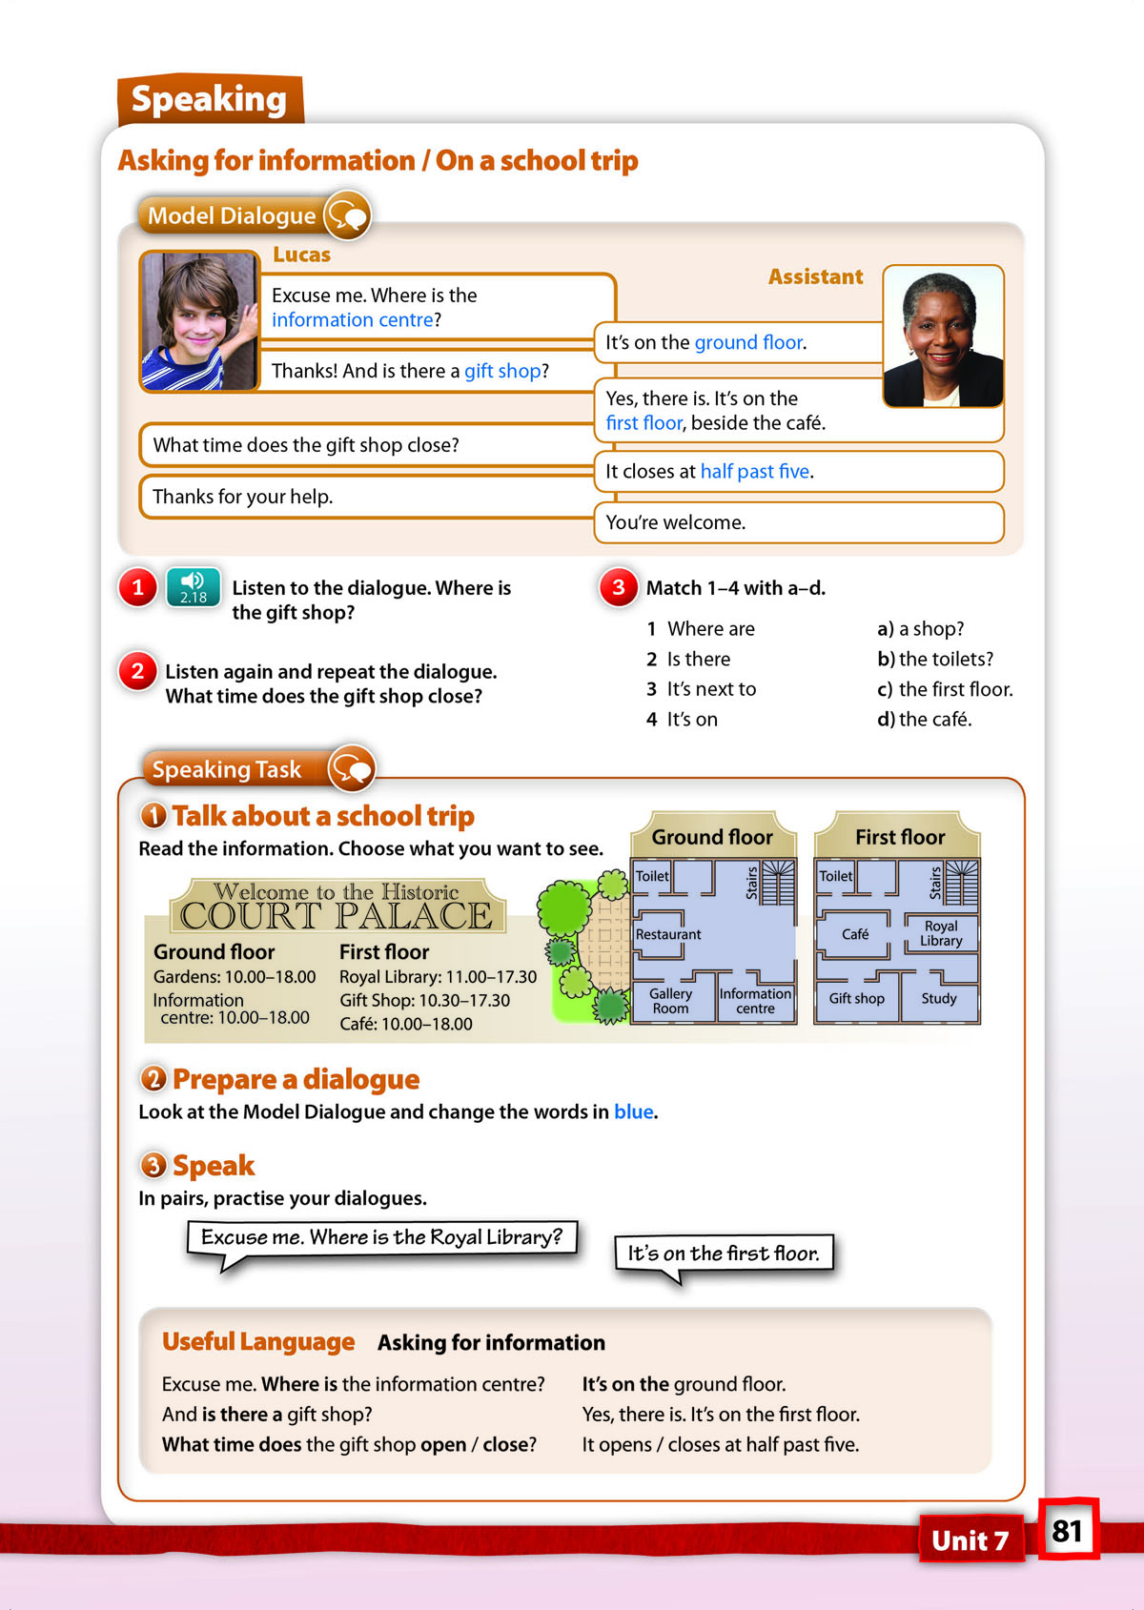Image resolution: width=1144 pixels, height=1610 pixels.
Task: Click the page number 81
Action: [1067, 1531]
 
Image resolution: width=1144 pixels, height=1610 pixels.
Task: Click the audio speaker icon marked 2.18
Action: [194, 586]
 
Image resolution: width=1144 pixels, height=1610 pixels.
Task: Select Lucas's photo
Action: [199, 321]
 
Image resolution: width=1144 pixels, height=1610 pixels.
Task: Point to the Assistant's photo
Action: [943, 336]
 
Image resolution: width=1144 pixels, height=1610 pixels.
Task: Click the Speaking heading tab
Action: [209, 99]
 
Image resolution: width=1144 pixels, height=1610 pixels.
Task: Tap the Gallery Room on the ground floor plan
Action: [670, 1001]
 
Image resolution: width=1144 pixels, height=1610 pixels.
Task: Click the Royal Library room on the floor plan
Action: [941, 933]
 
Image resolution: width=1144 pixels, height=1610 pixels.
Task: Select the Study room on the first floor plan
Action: [939, 998]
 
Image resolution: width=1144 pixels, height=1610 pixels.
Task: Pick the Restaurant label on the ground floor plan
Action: [668, 934]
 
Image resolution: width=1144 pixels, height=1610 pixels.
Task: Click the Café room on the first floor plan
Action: [855, 934]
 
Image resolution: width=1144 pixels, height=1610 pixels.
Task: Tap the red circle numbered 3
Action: [618, 587]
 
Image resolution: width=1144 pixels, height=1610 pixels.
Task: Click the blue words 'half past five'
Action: [755, 471]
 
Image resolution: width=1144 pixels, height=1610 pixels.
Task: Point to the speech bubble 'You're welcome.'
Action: [798, 522]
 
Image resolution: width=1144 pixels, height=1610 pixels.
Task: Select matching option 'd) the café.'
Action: [924, 719]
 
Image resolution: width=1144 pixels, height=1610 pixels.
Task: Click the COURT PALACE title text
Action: [337, 916]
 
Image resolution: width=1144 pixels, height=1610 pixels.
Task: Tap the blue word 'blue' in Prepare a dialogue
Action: [634, 1111]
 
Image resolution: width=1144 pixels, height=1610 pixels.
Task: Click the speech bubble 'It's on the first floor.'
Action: [724, 1253]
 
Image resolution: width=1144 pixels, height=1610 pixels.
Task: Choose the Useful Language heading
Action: [258, 1341]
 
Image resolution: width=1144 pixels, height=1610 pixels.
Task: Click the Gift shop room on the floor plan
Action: [856, 998]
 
